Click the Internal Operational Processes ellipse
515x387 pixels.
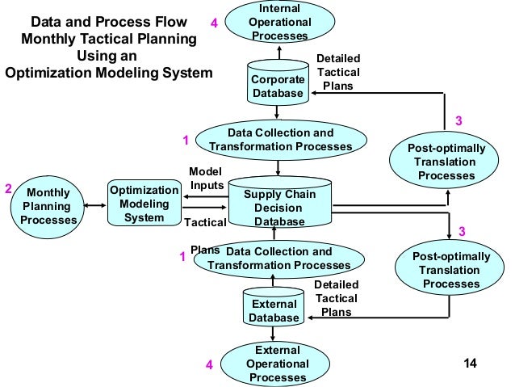click(279, 23)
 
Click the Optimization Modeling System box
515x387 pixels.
click(144, 204)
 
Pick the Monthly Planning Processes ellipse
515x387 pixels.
click(48, 206)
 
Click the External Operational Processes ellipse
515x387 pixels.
click(277, 364)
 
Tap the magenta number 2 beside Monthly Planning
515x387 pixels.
click(8, 189)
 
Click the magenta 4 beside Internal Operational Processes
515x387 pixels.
click(214, 23)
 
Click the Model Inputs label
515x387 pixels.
click(207, 179)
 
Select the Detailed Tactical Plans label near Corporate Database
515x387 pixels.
click(338, 73)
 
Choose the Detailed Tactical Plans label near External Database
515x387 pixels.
click(336, 298)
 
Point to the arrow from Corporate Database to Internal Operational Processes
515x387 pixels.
click(278, 53)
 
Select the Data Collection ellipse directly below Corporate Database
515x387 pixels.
click(280, 139)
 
